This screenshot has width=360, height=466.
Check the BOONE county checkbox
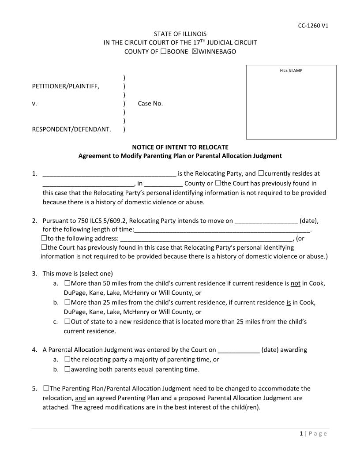tap(163, 52)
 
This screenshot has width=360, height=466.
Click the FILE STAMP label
tap(291, 71)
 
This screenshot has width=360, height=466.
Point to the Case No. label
tap(150, 104)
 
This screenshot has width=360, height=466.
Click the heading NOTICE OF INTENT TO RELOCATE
tap(180, 147)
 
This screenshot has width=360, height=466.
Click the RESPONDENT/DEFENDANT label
tap(71, 130)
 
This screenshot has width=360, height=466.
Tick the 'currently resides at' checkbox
tap(261, 173)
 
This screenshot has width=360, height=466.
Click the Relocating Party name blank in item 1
tap(109, 174)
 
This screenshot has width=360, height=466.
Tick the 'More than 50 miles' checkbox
tap(67, 283)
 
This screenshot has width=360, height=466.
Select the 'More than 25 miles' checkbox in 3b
tap(67, 302)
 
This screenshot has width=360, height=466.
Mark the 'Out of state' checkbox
tap(67, 322)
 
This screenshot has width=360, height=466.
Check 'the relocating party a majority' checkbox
tap(67, 359)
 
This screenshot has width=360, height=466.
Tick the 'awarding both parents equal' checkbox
tap(67, 369)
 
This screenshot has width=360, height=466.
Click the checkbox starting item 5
tap(46, 388)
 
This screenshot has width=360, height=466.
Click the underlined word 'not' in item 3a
tap(295, 283)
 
